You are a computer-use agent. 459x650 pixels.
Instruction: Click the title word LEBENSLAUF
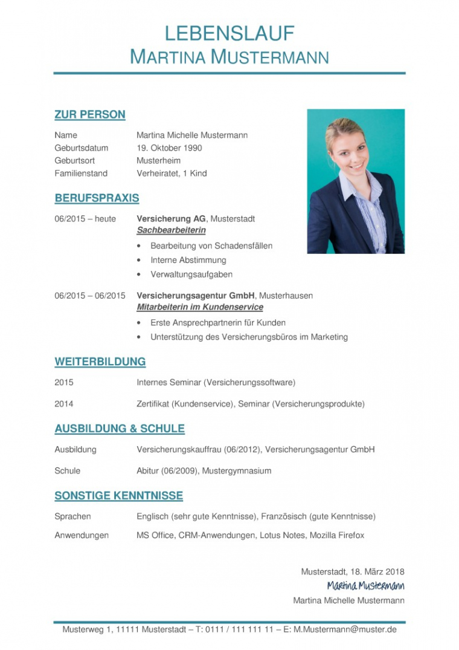[230, 33]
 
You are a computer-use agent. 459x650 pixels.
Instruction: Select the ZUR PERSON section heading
[90, 115]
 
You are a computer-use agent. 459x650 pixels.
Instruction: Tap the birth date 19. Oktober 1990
[169, 148]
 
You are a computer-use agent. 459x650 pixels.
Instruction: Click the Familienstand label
[81, 174]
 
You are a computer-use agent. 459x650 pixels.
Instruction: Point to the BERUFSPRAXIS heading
[97, 198]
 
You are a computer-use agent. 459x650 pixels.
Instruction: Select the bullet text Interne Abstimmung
[188, 260]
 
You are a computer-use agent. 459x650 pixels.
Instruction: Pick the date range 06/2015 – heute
[85, 219]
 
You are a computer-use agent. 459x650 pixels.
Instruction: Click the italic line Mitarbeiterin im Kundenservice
[200, 307]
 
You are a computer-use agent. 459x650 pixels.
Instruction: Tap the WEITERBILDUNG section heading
[100, 362]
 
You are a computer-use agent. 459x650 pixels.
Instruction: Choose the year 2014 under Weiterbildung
[64, 404]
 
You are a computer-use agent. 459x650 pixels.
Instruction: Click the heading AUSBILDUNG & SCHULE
[120, 429]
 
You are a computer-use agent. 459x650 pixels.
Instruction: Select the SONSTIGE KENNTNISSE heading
[119, 496]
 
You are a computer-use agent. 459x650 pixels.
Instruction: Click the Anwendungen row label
[82, 536]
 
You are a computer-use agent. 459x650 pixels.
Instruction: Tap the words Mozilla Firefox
[337, 536]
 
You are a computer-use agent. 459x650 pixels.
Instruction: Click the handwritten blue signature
[365, 585]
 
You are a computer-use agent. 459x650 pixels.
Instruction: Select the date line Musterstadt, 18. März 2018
[353, 571]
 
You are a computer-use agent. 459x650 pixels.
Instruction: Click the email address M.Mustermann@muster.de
[345, 629]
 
